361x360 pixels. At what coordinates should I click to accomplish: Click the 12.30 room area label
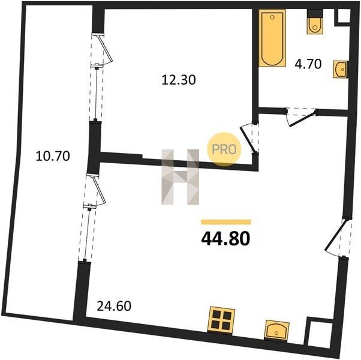pyautogui.click(x=179, y=80)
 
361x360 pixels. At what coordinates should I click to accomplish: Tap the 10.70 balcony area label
pyautogui.click(x=53, y=156)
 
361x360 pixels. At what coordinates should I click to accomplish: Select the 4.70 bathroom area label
pyautogui.click(x=308, y=64)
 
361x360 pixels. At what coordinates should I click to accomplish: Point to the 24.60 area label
pyautogui.click(x=114, y=306)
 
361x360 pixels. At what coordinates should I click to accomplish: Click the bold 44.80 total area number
pyautogui.click(x=225, y=239)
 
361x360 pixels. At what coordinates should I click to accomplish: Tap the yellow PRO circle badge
pyautogui.click(x=224, y=149)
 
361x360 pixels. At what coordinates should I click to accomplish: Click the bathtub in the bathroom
pyautogui.click(x=272, y=38)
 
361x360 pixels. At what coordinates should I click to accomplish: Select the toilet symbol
pyautogui.click(x=315, y=22)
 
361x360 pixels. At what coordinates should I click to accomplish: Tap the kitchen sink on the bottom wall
pyautogui.click(x=276, y=330)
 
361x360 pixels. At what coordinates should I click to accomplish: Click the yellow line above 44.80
pyautogui.click(x=226, y=222)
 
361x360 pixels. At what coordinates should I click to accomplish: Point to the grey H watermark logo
pyautogui.click(x=180, y=177)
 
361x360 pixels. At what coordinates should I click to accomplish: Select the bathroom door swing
pyautogui.click(x=302, y=117)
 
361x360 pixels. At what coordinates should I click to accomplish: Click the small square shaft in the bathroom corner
pyautogui.click(x=344, y=16)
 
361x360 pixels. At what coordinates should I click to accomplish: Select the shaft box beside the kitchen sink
pyautogui.click(x=320, y=333)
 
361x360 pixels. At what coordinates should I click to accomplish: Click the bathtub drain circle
pyautogui.click(x=272, y=17)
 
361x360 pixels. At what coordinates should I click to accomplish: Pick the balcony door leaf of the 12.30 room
pyautogui.click(x=105, y=49)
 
